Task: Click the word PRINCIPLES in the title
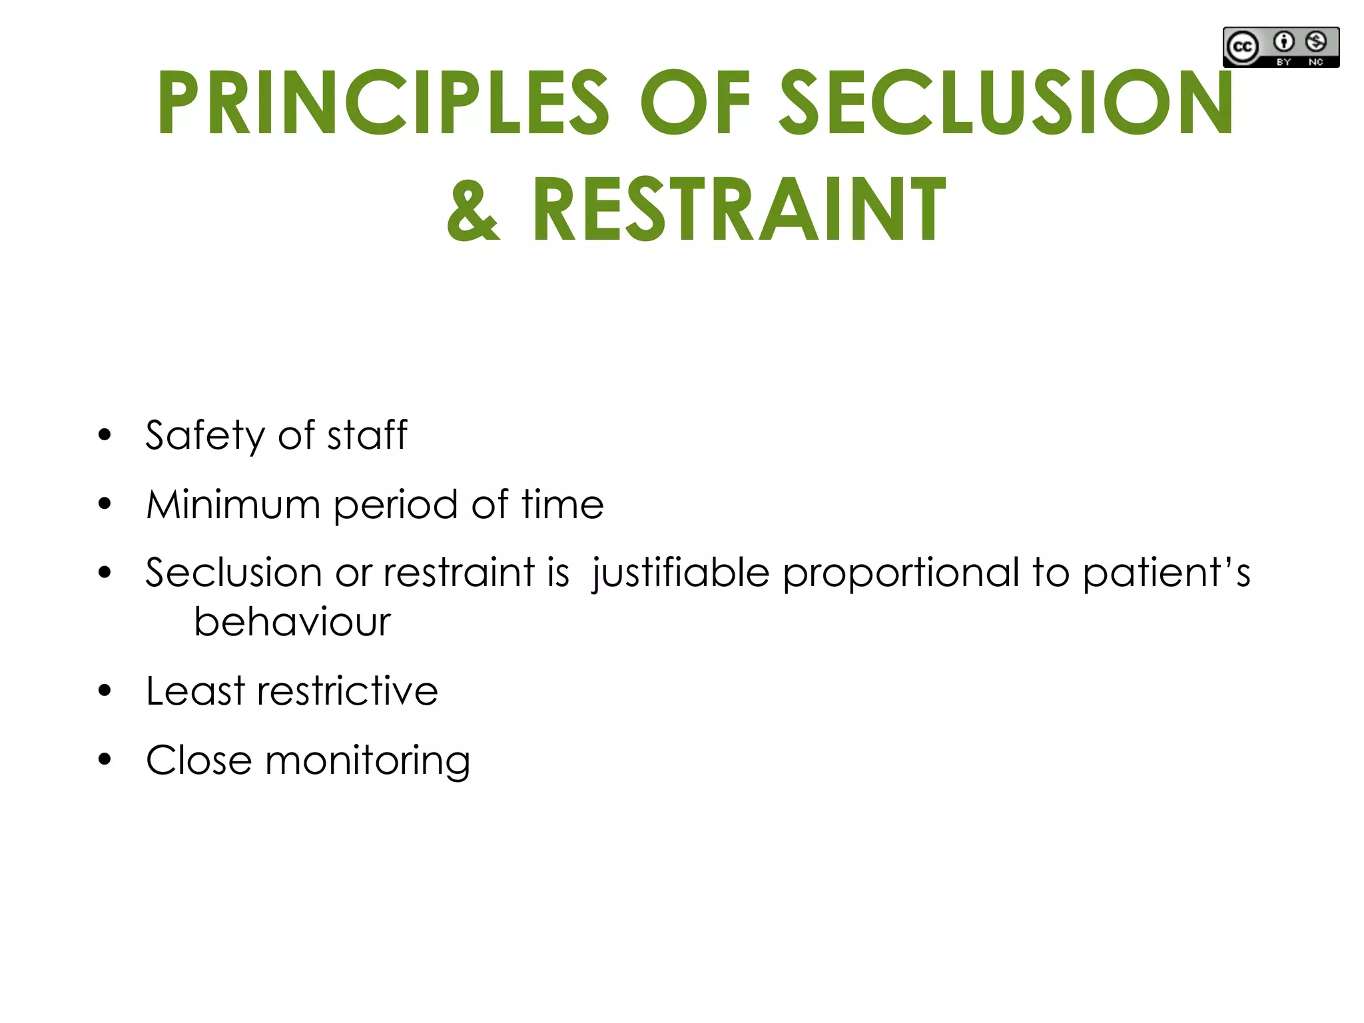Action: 383,103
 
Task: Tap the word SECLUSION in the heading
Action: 1006,103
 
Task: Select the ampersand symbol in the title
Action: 472,210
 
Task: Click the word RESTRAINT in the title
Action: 739,210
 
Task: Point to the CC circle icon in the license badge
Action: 1243,47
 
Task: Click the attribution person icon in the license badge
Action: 1283,42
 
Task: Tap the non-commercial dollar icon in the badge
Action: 1315,42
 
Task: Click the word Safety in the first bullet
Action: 205,436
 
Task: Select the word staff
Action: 367,435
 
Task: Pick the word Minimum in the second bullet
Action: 233,504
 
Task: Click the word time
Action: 563,504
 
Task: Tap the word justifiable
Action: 680,573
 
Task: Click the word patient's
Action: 1166,573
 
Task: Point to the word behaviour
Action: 292,622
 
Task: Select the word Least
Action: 195,691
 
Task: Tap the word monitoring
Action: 367,761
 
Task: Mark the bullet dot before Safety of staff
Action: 105,435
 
